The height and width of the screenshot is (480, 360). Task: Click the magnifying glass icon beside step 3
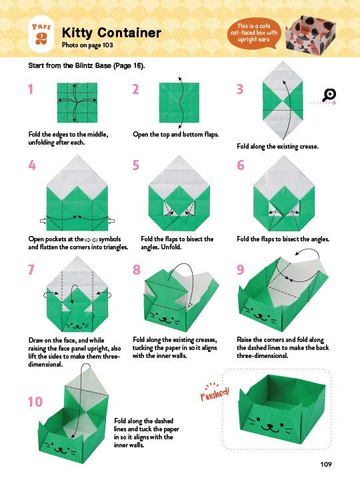click(x=329, y=95)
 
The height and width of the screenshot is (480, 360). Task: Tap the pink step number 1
click(x=31, y=89)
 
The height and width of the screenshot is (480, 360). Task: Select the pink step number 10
click(x=35, y=401)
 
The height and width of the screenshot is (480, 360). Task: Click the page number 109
click(x=326, y=465)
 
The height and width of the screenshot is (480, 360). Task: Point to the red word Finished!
click(x=215, y=392)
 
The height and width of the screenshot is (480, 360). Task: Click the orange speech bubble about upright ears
click(x=253, y=33)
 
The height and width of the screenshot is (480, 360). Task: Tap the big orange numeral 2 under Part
click(x=41, y=38)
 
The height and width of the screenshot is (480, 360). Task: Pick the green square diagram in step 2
click(x=179, y=103)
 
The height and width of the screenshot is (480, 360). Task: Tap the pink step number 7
click(x=31, y=270)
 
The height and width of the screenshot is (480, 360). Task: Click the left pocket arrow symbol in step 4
click(x=43, y=221)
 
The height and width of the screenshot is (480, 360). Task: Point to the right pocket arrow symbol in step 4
click(x=111, y=221)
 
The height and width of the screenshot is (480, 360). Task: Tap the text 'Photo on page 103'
click(x=87, y=45)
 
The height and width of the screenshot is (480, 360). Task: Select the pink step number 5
click(x=135, y=165)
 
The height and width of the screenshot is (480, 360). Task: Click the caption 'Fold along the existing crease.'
click(x=277, y=146)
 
